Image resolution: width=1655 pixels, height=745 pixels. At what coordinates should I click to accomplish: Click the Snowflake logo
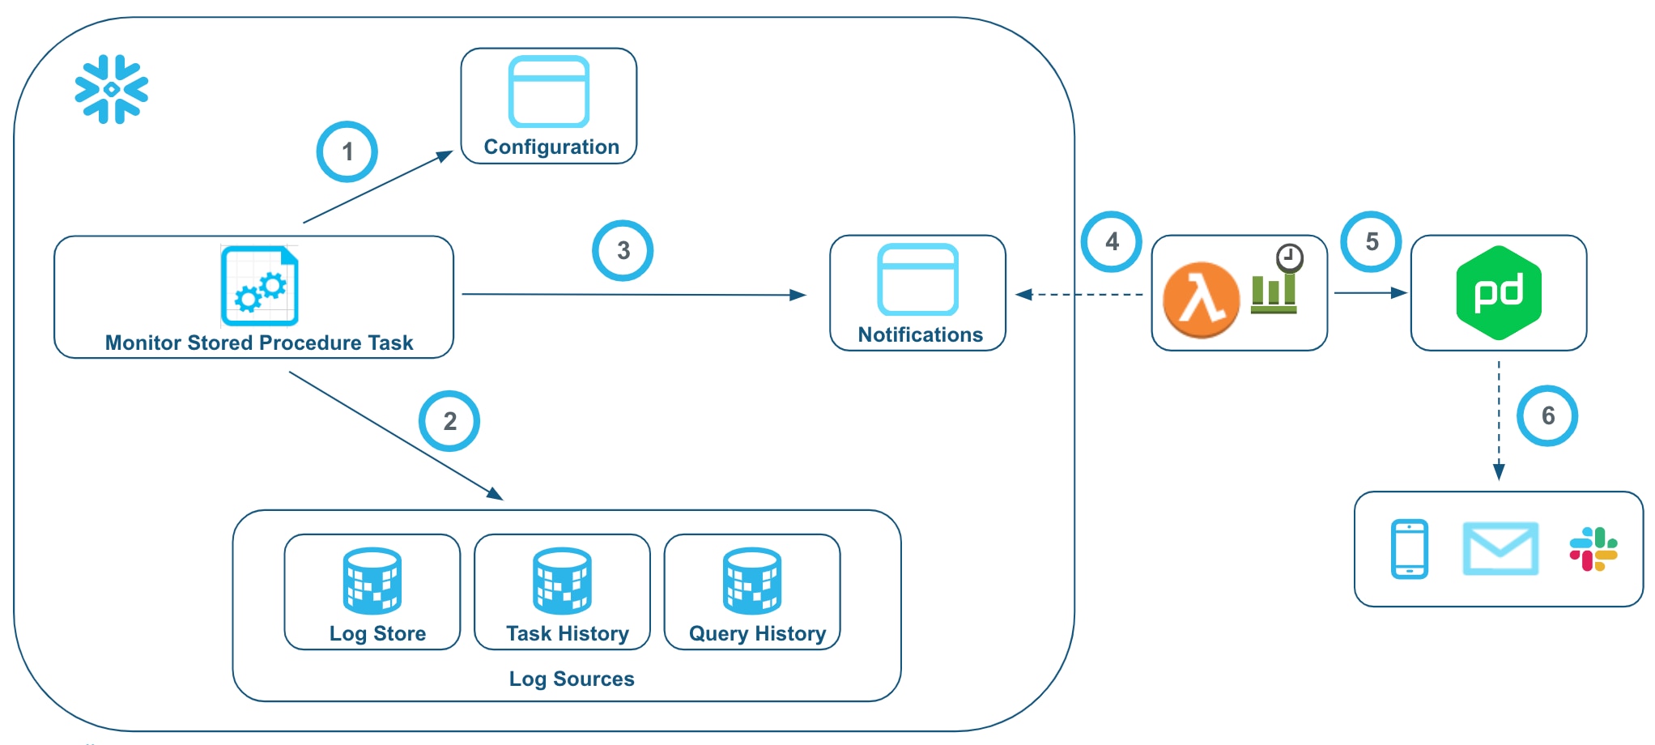pos(112,89)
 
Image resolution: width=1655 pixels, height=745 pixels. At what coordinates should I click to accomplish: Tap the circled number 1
pos(347,151)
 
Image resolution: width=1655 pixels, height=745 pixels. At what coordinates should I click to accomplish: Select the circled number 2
pos(449,421)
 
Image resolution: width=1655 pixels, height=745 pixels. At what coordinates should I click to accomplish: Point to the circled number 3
pos(623,250)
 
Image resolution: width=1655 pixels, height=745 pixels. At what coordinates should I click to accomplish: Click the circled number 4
pos(1112,241)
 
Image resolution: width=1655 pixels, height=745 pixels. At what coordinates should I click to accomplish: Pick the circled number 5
pos(1372,241)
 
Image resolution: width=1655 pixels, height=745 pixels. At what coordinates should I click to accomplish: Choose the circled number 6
pos(1547,415)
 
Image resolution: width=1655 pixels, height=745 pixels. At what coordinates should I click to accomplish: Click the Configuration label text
pos(551,147)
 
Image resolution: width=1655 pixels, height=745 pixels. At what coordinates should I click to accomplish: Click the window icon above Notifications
pos(918,279)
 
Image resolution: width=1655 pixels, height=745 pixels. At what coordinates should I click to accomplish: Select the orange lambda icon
pos(1201,300)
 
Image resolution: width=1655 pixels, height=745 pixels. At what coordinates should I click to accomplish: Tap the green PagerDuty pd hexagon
pos(1499,292)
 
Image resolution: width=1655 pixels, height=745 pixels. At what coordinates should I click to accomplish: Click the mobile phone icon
pos(1410,548)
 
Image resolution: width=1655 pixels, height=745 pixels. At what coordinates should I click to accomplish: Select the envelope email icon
pos(1500,548)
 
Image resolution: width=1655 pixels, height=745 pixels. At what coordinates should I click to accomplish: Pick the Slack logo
pos(1593,548)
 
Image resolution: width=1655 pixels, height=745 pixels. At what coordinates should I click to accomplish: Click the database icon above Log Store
pos(372,581)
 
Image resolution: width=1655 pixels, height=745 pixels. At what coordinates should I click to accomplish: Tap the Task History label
pos(567,633)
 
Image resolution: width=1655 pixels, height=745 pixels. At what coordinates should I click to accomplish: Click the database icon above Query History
pos(752,581)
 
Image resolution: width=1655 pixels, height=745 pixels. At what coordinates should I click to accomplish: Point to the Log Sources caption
pos(572,679)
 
